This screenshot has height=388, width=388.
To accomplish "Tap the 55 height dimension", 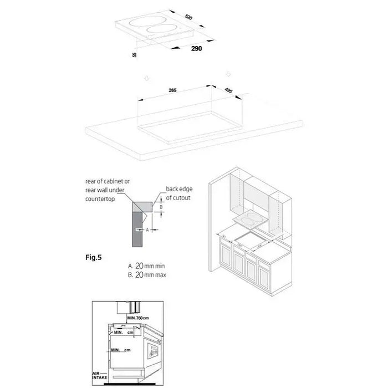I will pos(135,54).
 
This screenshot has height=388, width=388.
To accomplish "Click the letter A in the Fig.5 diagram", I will pos(140,228).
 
